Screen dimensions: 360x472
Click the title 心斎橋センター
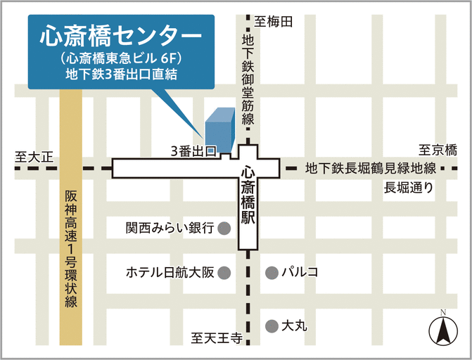tap(121, 35)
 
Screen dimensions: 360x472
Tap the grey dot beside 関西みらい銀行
tap(224, 228)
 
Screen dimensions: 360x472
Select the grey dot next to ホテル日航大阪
tap(224, 272)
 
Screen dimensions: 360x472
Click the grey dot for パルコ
tap(271, 272)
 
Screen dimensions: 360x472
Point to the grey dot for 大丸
tap(271, 326)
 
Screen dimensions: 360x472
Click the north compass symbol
tap(442, 330)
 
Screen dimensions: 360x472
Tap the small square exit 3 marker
tap(220, 150)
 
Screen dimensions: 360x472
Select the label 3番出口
tap(191, 151)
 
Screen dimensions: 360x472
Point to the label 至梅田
tap(274, 22)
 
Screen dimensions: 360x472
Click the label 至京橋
tap(438, 150)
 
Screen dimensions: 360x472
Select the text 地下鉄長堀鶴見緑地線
tap(371, 169)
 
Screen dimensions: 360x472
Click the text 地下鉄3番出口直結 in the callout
tap(120, 73)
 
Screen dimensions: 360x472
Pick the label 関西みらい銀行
tap(170, 229)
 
